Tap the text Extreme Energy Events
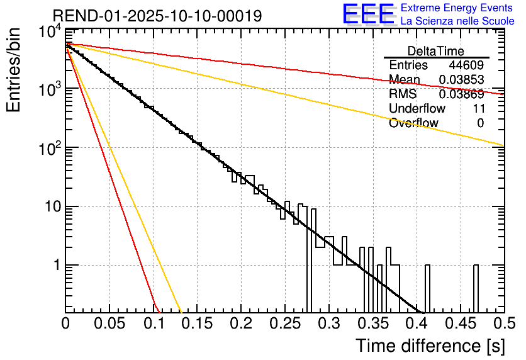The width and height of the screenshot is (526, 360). pyautogui.click(x=457, y=8)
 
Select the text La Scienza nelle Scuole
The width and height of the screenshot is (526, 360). pyautogui.click(x=457, y=21)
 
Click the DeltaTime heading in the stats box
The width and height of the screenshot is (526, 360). pyautogui.click(x=436, y=51)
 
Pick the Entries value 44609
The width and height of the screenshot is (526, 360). pyautogui.click(x=466, y=65)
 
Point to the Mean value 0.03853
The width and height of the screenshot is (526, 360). pyautogui.click(x=461, y=79)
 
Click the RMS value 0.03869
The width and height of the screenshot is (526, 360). pyautogui.click(x=461, y=94)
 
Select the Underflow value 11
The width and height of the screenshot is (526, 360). pyautogui.click(x=478, y=109)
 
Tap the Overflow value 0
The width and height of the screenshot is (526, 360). pyautogui.click(x=480, y=123)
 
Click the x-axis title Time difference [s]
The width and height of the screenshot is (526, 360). pyautogui.click(x=429, y=346)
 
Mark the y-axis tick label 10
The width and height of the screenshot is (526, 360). pyautogui.click(x=52, y=207)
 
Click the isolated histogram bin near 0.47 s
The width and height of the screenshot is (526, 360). pyautogui.click(x=476, y=288)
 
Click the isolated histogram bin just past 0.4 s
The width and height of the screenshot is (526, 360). pyautogui.click(x=427, y=288)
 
